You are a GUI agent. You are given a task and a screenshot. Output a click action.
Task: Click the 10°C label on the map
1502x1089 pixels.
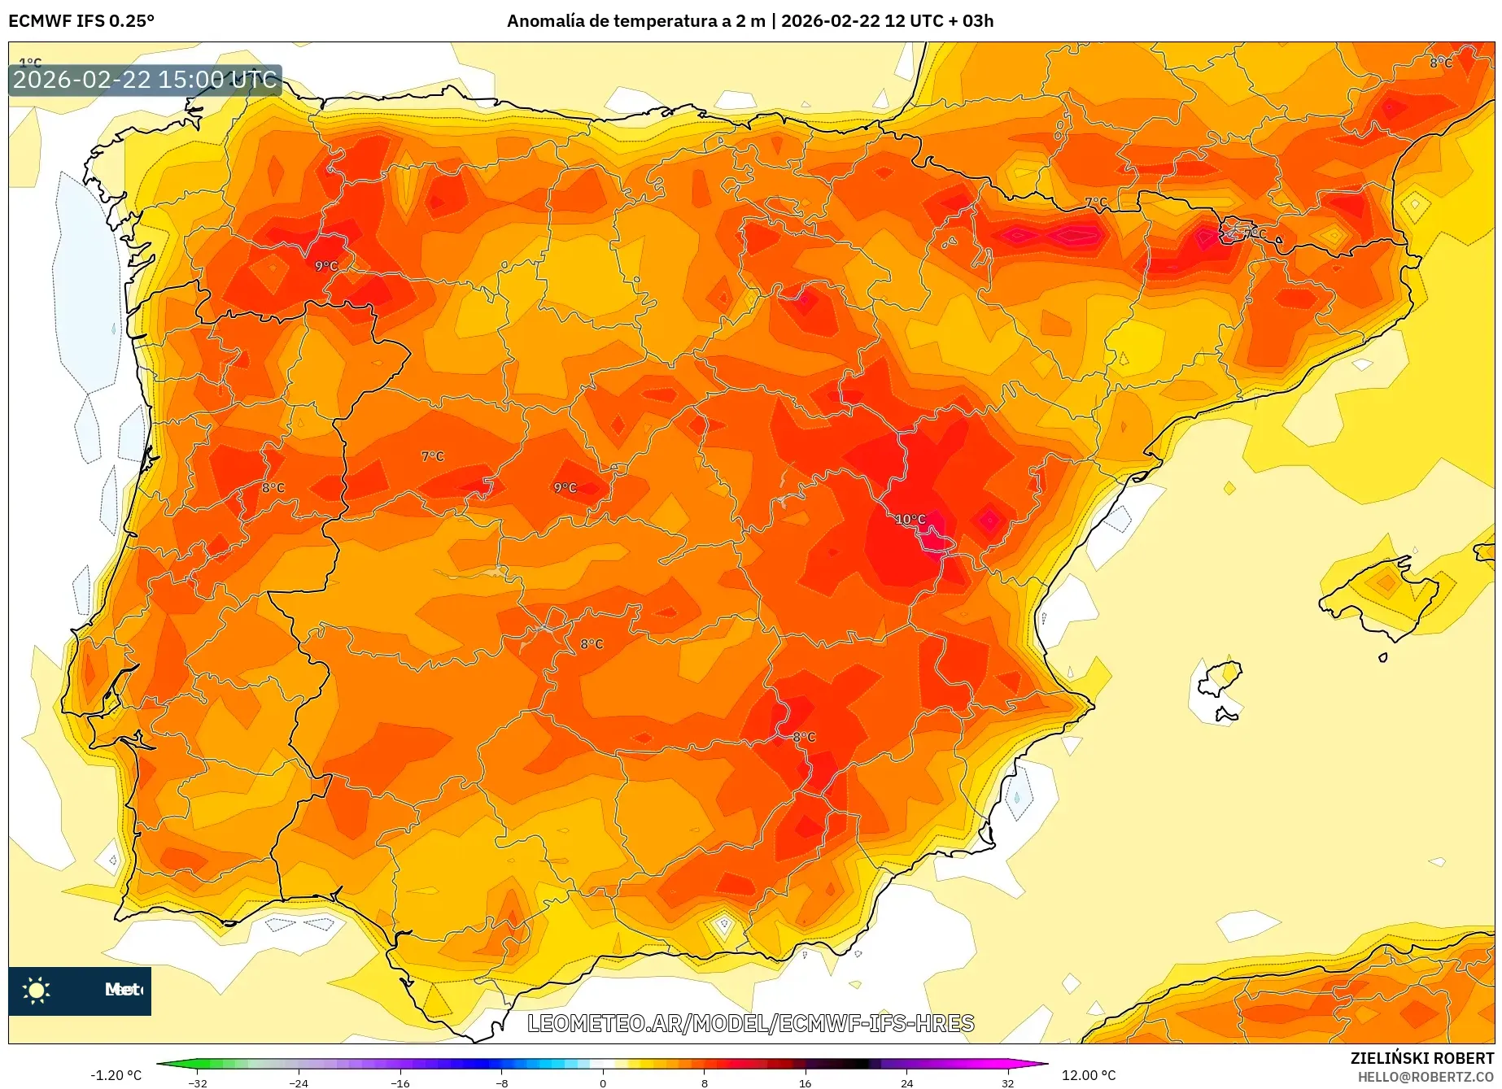910,519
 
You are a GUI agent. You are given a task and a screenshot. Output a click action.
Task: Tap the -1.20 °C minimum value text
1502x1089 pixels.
116,1075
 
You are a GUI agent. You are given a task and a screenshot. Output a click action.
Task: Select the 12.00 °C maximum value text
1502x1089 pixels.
1089,1075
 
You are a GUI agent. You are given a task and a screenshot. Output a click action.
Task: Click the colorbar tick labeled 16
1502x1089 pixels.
805,1083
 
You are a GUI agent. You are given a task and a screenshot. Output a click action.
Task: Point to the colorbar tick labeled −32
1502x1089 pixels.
198,1083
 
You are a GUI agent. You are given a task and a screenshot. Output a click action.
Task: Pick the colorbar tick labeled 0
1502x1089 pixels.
603,1083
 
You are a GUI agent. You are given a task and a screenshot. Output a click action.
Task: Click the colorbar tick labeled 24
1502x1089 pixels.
906,1083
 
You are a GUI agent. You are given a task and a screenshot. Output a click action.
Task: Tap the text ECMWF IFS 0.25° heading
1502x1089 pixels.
81,21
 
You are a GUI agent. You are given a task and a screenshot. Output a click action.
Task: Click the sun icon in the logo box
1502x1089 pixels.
37,990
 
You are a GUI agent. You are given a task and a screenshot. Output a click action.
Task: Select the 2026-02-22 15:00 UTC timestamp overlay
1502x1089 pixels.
145,80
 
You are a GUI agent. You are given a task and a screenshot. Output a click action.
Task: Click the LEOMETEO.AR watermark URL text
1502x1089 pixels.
750,1023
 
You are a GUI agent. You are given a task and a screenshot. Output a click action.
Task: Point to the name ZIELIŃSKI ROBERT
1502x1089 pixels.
1421,1058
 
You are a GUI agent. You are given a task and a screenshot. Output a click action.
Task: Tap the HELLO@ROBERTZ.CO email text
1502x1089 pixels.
1425,1077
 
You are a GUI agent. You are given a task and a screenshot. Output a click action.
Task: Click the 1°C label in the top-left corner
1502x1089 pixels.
30,63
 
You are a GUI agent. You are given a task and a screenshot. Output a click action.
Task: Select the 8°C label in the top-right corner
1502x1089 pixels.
1440,63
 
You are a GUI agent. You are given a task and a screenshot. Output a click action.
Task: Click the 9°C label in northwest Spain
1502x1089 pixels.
325,266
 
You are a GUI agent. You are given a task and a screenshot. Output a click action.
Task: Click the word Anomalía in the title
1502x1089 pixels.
544,21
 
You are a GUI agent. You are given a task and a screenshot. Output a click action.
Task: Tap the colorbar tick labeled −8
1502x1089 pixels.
502,1083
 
